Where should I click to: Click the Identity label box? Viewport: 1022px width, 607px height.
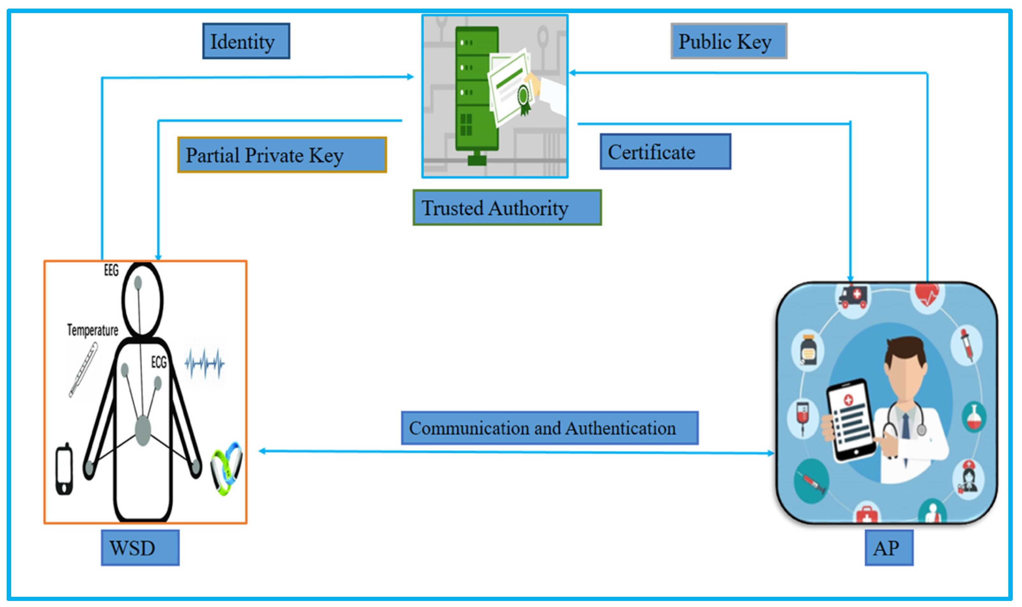(x=246, y=41)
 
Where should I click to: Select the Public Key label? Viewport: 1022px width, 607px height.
(x=728, y=41)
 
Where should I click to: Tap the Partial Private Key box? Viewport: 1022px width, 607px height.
(x=282, y=155)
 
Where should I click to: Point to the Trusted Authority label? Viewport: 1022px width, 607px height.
(x=507, y=208)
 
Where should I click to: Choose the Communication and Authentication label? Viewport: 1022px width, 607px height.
(x=549, y=428)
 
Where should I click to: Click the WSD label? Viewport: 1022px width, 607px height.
(x=140, y=548)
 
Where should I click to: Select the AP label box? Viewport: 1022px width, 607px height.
(x=888, y=548)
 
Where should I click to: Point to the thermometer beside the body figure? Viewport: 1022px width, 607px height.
(x=83, y=369)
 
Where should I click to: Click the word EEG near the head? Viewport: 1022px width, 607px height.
(x=111, y=270)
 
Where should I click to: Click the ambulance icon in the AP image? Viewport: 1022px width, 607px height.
(x=853, y=297)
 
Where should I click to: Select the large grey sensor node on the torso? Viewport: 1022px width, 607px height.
(x=143, y=430)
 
